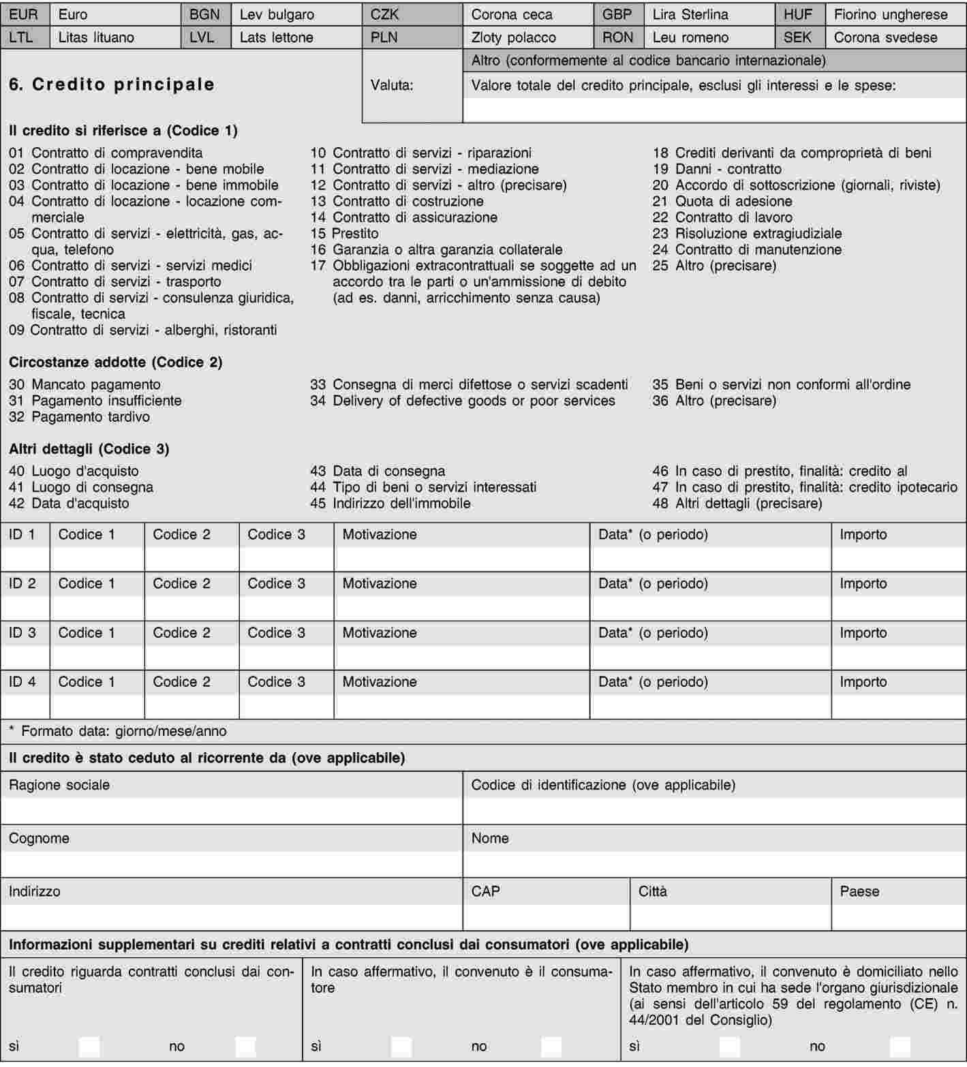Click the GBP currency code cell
(617, 14)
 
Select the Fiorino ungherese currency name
(891, 14)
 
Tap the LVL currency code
(202, 37)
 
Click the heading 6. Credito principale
(112, 84)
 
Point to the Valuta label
(392, 85)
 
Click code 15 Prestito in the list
(344, 233)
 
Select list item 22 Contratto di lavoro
(722, 217)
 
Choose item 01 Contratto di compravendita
(106, 153)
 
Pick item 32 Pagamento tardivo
(79, 416)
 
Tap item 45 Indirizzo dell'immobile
(390, 503)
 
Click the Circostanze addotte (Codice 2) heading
(116, 362)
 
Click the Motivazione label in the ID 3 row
(380, 632)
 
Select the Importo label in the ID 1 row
(863, 534)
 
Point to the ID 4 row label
(22, 681)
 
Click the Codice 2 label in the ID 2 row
(181, 583)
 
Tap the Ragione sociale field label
(59, 785)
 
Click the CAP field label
(485, 891)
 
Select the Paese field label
(859, 891)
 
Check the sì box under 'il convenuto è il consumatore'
(401, 1047)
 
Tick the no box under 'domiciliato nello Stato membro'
(900, 1047)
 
